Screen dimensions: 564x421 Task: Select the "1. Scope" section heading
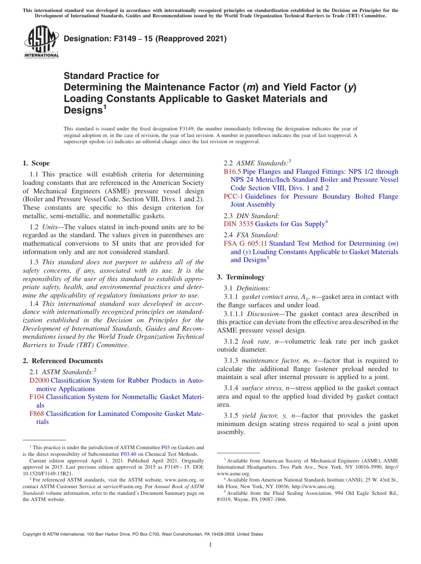point(36,163)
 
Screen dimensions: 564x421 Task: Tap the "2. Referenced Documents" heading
point(63,361)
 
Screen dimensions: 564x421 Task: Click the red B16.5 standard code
point(232,172)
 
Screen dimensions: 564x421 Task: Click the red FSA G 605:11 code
point(245,243)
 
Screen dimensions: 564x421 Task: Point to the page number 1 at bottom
point(210,545)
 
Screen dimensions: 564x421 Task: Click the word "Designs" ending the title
point(83,110)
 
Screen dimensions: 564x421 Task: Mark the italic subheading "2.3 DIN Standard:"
point(251,215)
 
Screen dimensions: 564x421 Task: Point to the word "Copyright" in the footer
point(33,534)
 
